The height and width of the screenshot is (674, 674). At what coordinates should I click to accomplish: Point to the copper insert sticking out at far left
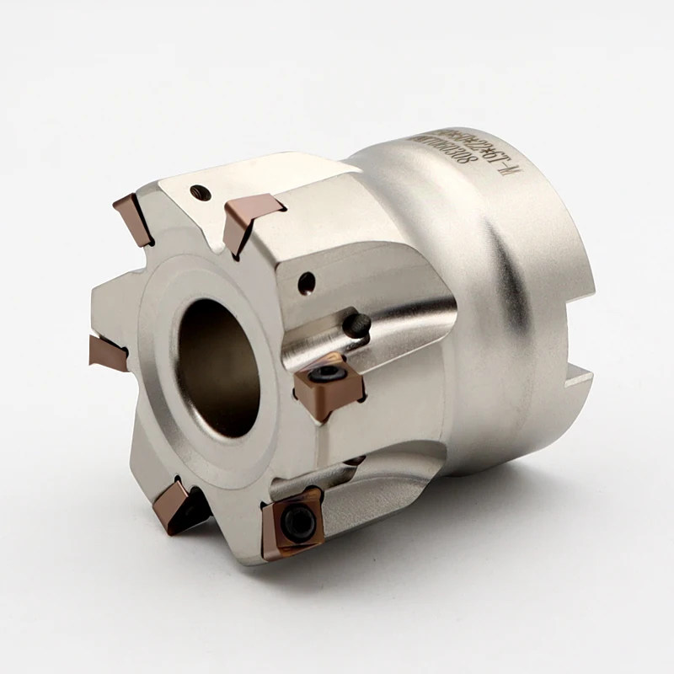pyautogui.click(x=107, y=350)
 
